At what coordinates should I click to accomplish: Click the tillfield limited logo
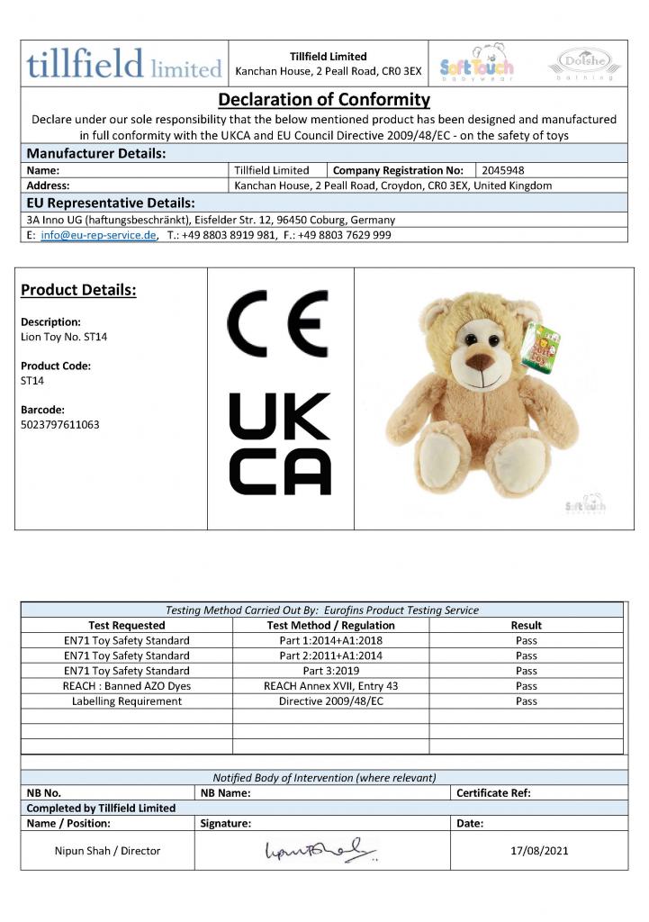point(124,64)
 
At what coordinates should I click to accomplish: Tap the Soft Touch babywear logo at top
point(477,63)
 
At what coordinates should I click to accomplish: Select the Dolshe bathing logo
point(584,63)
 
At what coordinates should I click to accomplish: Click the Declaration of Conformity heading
point(324,99)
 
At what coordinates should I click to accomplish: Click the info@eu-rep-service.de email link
point(99,235)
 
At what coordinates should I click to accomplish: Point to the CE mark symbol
point(277,325)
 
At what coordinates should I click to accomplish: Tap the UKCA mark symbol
point(280,444)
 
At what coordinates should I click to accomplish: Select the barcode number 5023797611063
point(59,424)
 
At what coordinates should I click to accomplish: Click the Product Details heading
point(78,290)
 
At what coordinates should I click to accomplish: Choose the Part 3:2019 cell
point(330,671)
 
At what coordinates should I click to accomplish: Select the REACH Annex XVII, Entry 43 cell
point(330,686)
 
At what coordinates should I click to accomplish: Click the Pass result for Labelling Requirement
point(526,701)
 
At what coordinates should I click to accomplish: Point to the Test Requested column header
point(126,625)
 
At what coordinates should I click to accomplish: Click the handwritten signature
point(320,850)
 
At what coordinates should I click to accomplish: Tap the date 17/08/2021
point(538,850)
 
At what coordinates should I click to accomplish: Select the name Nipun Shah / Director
point(107,850)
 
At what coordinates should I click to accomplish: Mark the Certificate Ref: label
point(493,793)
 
